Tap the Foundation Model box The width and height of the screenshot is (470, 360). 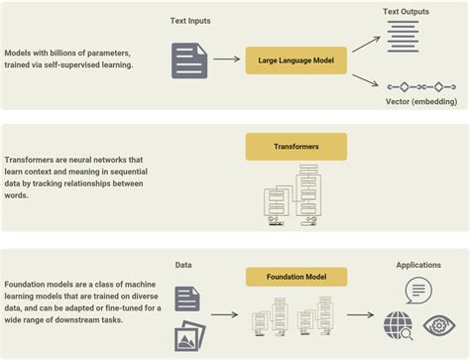[296, 276]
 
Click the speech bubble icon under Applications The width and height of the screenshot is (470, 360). [418, 291]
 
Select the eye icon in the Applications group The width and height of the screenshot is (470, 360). [437, 324]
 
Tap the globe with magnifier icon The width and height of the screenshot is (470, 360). [399, 324]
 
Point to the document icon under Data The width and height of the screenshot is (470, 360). [187, 299]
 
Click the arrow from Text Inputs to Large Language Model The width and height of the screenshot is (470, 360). [225, 60]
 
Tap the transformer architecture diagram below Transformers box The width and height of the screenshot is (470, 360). [294, 194]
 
